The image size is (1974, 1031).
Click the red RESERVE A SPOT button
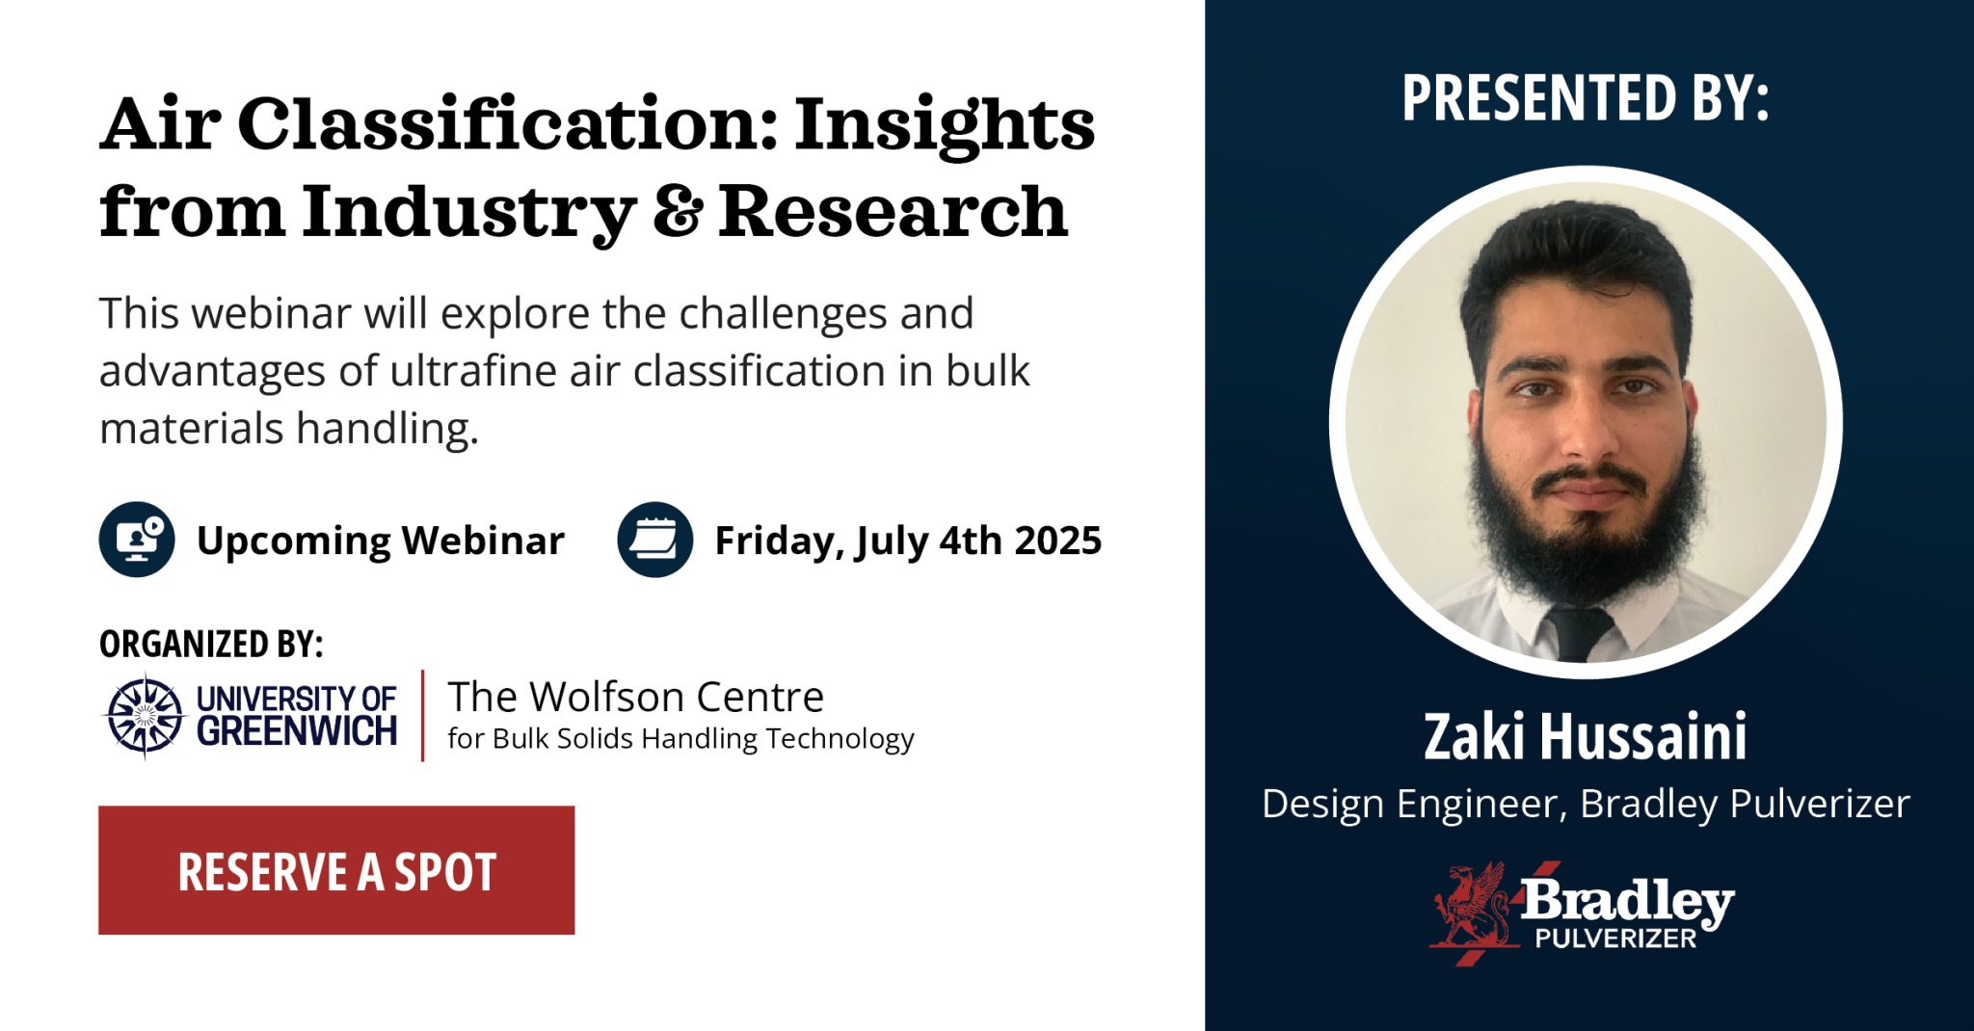pyautogui.click(x=336, y=870)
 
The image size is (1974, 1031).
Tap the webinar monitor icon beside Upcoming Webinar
pyautogui.click(x=137, y=540)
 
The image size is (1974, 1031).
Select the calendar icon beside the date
pyautogui.click(x=655, y=540)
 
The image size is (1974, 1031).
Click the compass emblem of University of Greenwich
pyautogui.click(x=145, y=715)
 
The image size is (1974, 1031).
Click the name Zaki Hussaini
pyautogui.click(x=1585, y=737)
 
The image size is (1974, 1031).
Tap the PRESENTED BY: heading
pyautogui.click(x=1585, y=98)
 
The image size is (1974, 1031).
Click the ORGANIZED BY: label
pyautogui.click(x=211, y=644)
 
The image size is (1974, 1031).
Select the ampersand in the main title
pyautogui.click(x=677, y=212)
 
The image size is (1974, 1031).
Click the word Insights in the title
pyautogui.click(x=945, y=125)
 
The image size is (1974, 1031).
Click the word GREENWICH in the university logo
pyautogui.click(x=297, y=732)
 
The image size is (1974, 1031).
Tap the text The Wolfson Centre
pyautogui.click(x=635, y=696)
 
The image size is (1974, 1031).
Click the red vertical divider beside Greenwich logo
pyautogui.click(x=422, y=715)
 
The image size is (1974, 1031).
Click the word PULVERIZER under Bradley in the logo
pyautogui.click(x=1615, y=938)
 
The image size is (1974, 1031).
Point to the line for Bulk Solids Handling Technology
pyautogui.click(x=680, y=739)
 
